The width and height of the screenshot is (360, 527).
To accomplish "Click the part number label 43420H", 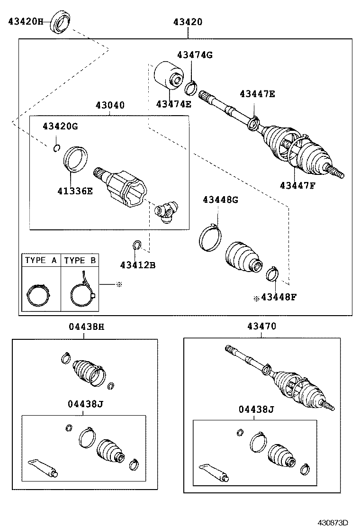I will (x=26, y=21).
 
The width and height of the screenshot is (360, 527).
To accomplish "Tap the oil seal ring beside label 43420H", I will (x=60, y=22).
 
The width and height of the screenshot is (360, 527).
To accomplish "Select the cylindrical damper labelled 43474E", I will (x=169, y=75).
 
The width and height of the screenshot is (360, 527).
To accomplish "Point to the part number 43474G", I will (x=195, y=55).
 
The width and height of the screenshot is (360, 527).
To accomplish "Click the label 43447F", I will (x=297, y=185).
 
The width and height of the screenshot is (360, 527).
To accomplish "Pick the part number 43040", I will (x=110, y=105).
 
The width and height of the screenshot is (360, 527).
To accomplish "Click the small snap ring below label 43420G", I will (x=56, y=148).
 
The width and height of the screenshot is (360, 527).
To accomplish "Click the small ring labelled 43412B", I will (x=136, y=245).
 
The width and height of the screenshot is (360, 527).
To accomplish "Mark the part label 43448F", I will (x=279, y=298).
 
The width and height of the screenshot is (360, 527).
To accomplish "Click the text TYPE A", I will (x=41, y=260).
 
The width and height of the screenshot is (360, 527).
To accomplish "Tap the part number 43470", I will (x=261, y=327).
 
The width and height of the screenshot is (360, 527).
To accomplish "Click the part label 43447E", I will (x=257, y=94).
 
